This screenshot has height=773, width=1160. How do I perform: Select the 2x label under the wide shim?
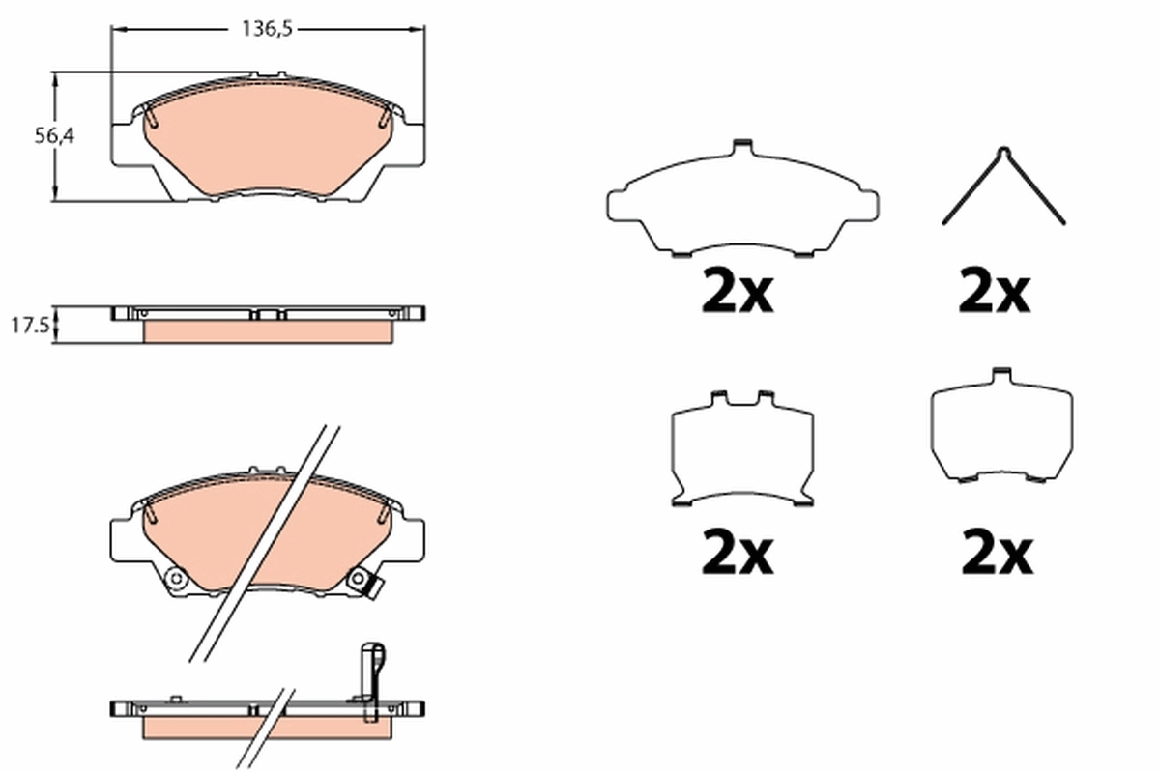(738, 293)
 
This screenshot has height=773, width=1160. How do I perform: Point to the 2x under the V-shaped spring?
(995, 293)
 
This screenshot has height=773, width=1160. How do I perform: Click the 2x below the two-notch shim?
(738, 554)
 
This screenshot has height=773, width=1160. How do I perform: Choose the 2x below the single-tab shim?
(997, 554)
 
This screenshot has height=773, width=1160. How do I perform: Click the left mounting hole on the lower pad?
(176, 579)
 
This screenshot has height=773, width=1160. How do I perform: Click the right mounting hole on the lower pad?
(358, 581)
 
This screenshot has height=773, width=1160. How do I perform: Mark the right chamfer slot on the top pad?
(385, 117)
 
